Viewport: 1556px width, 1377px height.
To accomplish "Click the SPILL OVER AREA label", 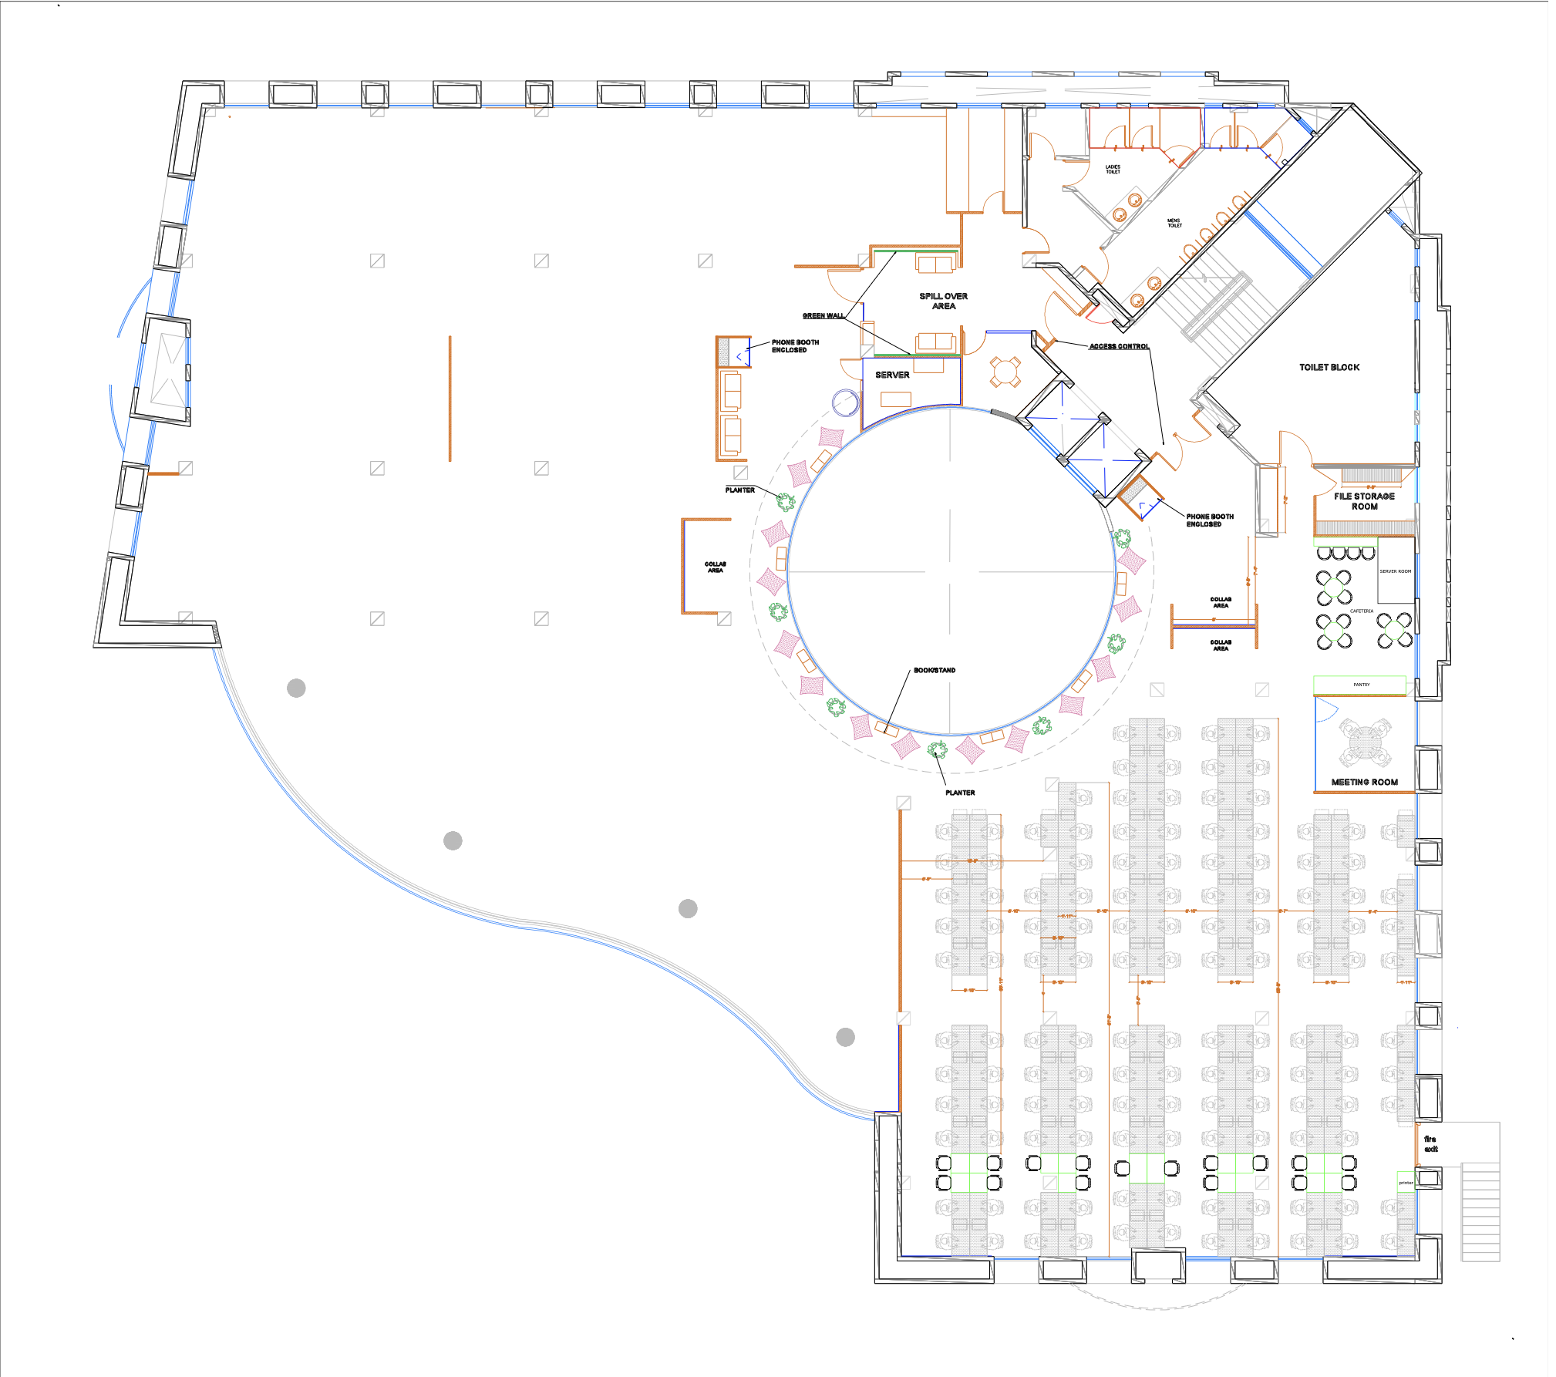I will pyautogui.click(x=943, y=301).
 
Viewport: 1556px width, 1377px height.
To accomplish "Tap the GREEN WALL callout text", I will pyautogui.click(x=823, y=315).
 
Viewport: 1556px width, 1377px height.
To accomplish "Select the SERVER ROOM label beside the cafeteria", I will pyautogui.click(x=1395, y=571).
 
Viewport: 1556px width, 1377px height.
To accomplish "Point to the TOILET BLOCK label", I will pyautogui.click(x=1329, y=367).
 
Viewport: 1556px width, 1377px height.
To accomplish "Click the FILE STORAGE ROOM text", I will pyautogui.click(x=1364, y=501).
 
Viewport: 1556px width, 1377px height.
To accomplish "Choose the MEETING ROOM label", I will pyautogui.click(x=1364, y=782).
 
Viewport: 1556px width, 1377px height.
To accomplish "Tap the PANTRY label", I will pyautogui.click(x=1361, y=685).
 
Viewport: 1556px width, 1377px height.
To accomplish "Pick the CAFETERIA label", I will pyautogui.click(x=1361, y=611).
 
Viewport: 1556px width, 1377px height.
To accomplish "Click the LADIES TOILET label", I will pyautogui.click(x=1113, y=169).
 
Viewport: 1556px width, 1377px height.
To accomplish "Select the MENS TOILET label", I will pyautogui.click(x=1174, y=223).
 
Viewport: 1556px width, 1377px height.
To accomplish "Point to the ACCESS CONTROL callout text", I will pyautogui.click(x=1119, y=346).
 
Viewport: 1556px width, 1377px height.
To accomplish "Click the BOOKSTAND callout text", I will pyautogui.click(x=935, y=670).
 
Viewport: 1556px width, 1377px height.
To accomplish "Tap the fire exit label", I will pyautogui.click(x=1430, y=1143).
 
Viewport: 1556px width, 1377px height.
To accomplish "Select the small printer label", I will pyautogui.click(x=1406, y=1183).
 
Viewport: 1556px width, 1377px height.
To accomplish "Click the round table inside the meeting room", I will pyautogui.click(x=1365, y=742).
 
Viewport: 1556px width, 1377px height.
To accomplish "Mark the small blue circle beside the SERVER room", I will pyautogui.click(x=846, y=402).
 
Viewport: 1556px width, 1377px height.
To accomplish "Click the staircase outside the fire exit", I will pyautogui.click(x=1480, y=1210).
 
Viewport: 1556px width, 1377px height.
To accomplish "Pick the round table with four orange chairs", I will pyautogui.click(x=1005, y=371).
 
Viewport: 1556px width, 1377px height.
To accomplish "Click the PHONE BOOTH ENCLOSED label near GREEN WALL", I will pyautogui.click(x=795, y=345).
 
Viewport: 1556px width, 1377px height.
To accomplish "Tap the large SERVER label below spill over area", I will pyautogui.click(x=892, y=375).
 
